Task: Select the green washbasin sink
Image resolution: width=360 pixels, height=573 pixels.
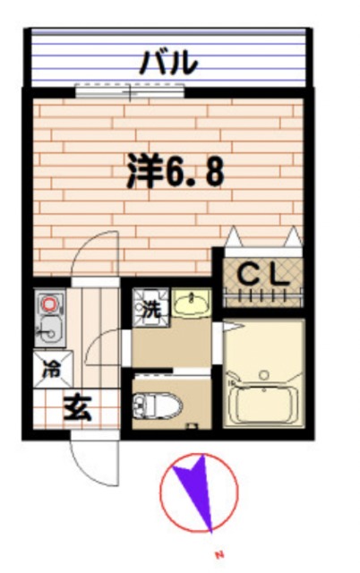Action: pyautogui.click(x=191, y=305)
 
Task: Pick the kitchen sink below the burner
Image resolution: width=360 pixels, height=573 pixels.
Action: pyautogui.click(x=48, y=331)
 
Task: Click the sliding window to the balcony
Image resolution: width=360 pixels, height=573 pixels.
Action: pyautogui.click(x=130, y=90)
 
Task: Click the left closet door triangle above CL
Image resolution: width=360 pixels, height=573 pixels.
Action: pyautogui.click(x=236, y=238)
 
